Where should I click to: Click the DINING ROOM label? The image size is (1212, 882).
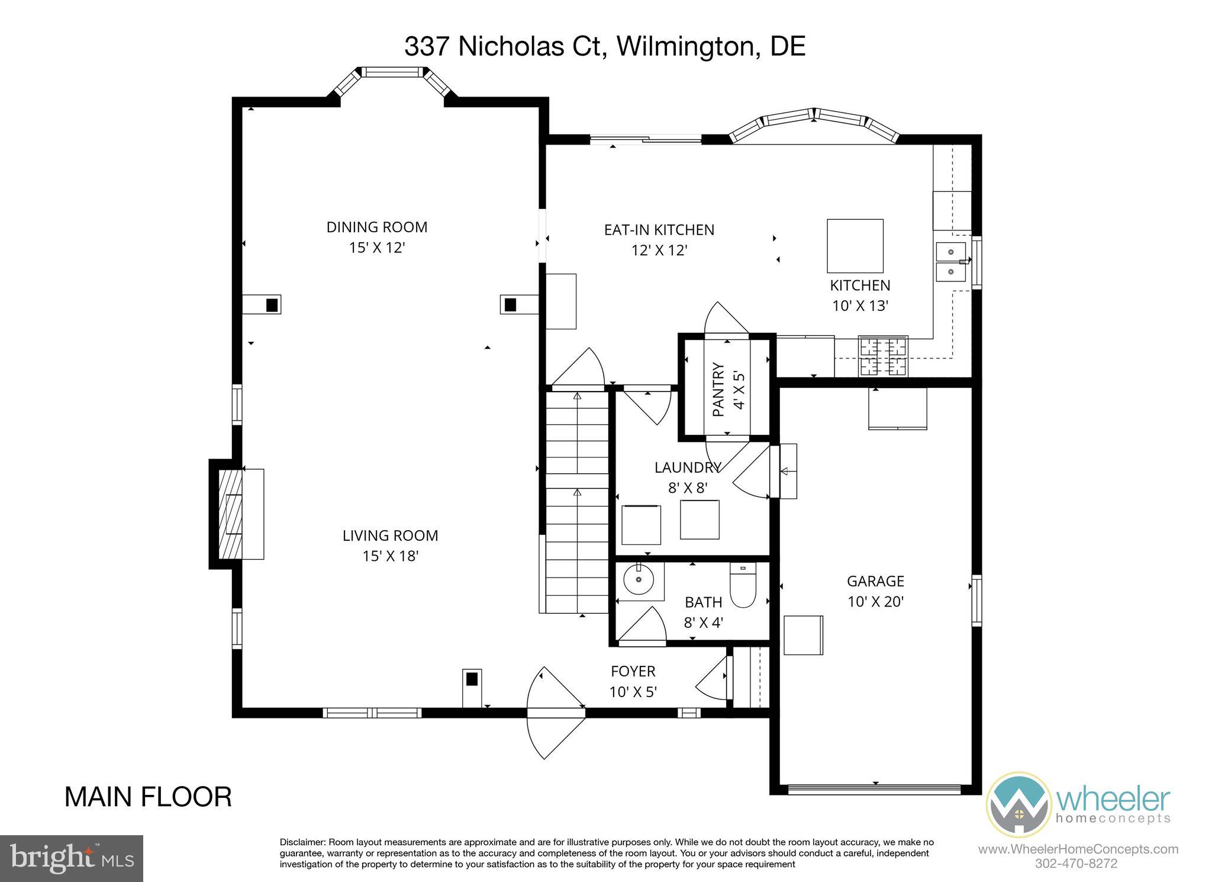coord(376,227)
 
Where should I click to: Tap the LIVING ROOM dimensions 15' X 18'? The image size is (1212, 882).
coord(391,556)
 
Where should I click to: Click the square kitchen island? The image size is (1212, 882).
coord(855,245)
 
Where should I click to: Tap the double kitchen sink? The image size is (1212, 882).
coord(950,262)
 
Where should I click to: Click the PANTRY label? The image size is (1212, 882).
coord(718,389)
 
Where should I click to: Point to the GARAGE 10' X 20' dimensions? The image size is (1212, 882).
coord(875,602)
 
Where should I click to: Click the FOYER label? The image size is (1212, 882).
coord(633,671)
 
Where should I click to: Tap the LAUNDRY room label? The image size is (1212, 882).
coord(687,467)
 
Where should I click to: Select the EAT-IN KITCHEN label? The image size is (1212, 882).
coord(659,230)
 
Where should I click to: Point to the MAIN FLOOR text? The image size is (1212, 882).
coord(148,797)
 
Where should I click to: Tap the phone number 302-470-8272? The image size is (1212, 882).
coord(1076,864)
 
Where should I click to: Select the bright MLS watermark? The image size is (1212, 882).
coord(71,858)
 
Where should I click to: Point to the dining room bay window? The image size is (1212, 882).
coord(392,73)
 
